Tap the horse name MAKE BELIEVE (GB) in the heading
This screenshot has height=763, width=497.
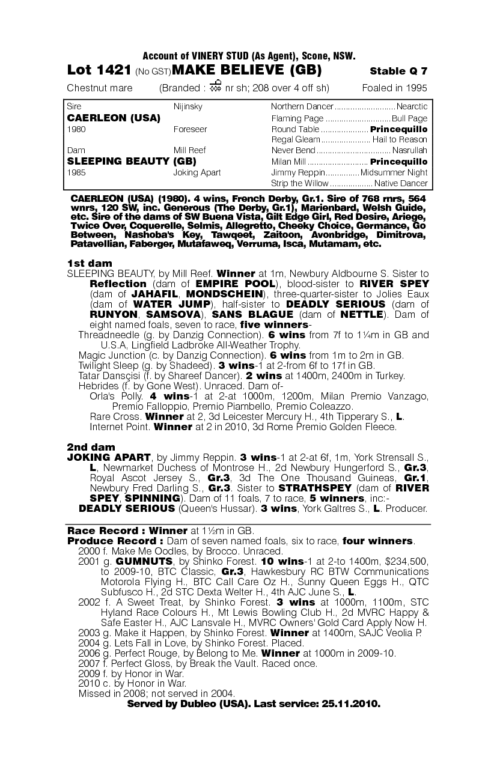coord(246,71)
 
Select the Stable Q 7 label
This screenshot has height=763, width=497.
coord(398,71)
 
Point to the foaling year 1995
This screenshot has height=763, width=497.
coord(416,88)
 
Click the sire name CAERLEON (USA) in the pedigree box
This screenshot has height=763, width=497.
coord(114,118)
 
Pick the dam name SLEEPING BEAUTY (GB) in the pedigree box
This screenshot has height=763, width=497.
coord(132,161)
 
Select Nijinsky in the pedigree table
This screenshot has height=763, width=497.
coord(188,107)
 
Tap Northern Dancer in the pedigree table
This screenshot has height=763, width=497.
coord(302,107)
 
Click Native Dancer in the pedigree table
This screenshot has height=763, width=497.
coord(401,183)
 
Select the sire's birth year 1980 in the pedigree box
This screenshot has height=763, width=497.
coord(76,129)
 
